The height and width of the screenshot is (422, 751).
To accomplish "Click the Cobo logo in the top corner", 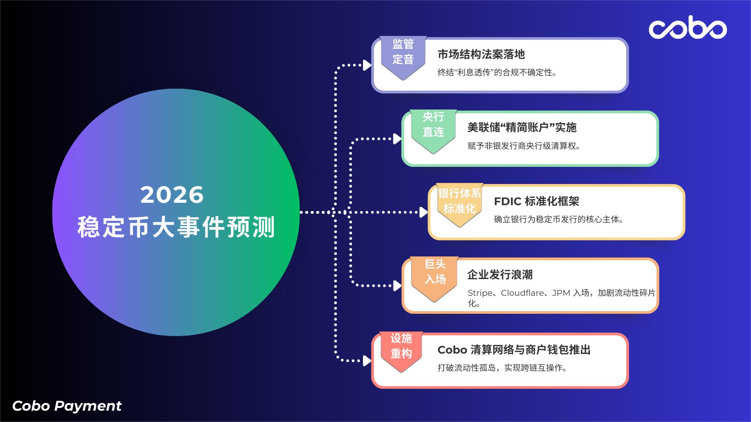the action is pyautogui.click(x=688, y=27).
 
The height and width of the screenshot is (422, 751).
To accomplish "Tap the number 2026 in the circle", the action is pyautogui.click(x=172, y=195).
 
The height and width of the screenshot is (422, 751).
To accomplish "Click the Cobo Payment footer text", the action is pyautogui.click(x=67, y=406).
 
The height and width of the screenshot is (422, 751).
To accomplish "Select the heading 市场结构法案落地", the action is pyautogui.click(x=481, y=55).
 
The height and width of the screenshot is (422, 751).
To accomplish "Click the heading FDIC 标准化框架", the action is pyautogui.click(x=537, y=202).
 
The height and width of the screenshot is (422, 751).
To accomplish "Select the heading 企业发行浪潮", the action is pyautogui.click(x=500, y=275).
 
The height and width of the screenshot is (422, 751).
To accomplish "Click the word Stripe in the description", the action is pyautogui.click(x=480, y=293).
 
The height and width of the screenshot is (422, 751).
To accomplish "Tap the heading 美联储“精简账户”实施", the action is pyautogui.click(x=522, y=128).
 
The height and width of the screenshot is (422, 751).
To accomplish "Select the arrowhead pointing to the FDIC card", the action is pyautogui.click(x=423, y=212).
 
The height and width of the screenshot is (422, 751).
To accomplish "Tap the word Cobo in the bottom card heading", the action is pyautogui.click(x=452, y=350).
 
